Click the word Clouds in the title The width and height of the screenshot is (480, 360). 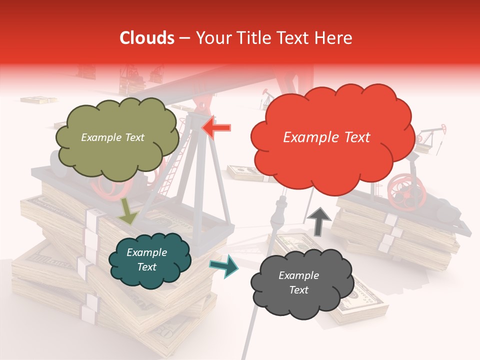click(x=147, y=38)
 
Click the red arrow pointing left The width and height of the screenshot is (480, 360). click(x=216, y=127)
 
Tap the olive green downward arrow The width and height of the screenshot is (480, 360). click(x=128, y=210)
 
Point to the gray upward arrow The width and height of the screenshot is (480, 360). click(x=318, y=220)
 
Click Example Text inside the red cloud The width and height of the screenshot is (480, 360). click(x=326, y=137)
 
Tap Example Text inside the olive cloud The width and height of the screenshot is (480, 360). click(x=112, y=137)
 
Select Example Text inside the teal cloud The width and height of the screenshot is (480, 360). click(x=146, y=259)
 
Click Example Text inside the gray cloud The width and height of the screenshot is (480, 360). click(x=298, y=282)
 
